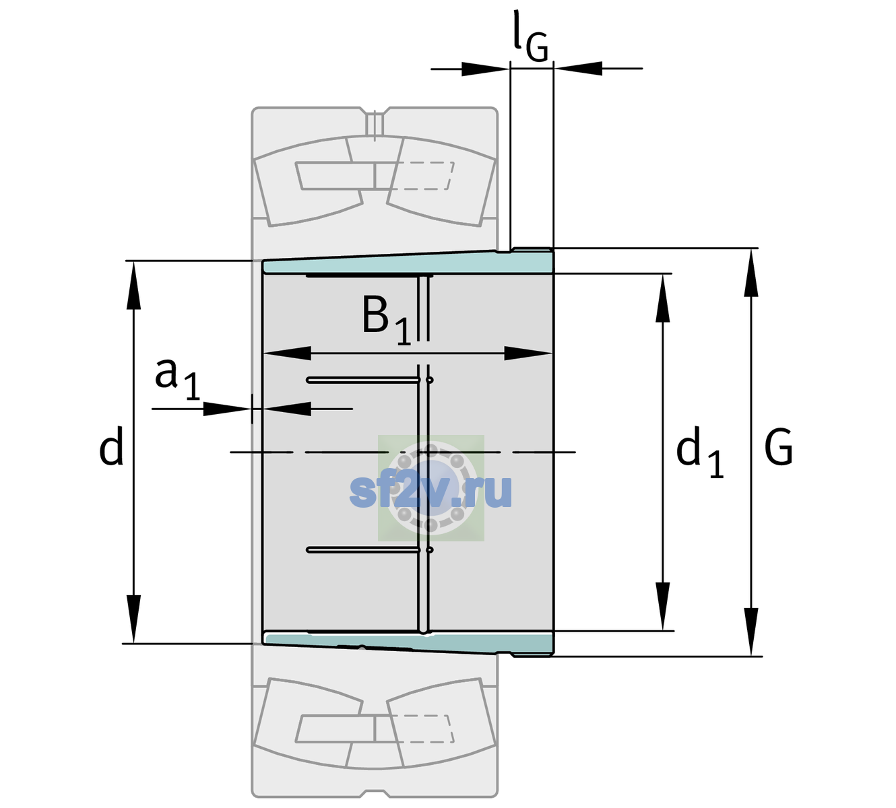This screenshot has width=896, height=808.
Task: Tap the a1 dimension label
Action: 177,380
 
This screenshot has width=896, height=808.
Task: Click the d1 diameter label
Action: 700,452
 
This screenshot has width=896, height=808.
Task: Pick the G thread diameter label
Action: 779,447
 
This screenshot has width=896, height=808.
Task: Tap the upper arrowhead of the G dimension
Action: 751,272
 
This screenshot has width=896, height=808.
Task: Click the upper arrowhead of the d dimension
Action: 133,285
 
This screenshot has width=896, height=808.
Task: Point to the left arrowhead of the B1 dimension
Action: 287,353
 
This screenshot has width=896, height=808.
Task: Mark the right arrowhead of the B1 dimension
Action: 528,353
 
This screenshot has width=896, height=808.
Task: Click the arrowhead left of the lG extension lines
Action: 485,69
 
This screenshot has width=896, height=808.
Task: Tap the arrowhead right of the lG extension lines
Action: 578,69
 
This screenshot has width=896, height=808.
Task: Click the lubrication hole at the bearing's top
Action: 375,124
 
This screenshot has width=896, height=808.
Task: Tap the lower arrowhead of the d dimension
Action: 133,619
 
